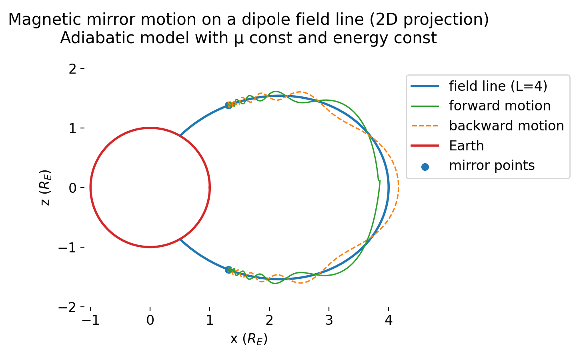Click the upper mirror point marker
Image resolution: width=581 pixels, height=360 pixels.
point(228,105)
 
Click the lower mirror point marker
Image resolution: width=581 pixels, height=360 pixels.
point(228,270)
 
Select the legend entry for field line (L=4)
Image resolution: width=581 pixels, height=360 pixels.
point(498,86)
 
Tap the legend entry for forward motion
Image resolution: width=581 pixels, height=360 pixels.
point(499,106)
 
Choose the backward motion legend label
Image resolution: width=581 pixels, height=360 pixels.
point(506,126)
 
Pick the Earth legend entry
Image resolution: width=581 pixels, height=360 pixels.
point(466,146)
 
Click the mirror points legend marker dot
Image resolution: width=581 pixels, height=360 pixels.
point(425,166)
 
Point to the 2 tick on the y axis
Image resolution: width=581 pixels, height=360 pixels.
point(72,69)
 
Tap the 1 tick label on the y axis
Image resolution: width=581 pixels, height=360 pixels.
point(72,128)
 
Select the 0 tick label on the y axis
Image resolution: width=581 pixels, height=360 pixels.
point(72,188)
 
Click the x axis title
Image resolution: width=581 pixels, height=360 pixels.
point(249,339)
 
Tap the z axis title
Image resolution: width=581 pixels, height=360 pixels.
point(46,188)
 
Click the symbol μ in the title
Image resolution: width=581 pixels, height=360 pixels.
point(239,39)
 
